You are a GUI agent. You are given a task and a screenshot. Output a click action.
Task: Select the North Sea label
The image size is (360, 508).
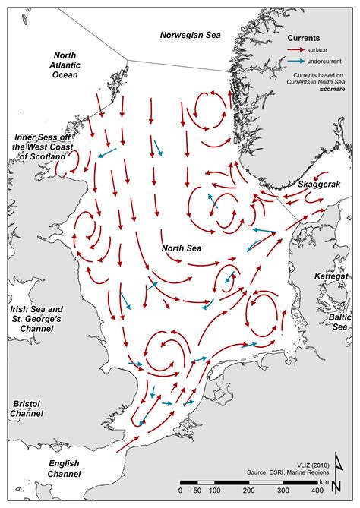pos(183,248)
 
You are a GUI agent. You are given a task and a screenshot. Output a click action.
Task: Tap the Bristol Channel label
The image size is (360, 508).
pos(26,409)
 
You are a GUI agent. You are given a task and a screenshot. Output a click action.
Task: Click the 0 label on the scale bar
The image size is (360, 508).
pos(182,491)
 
